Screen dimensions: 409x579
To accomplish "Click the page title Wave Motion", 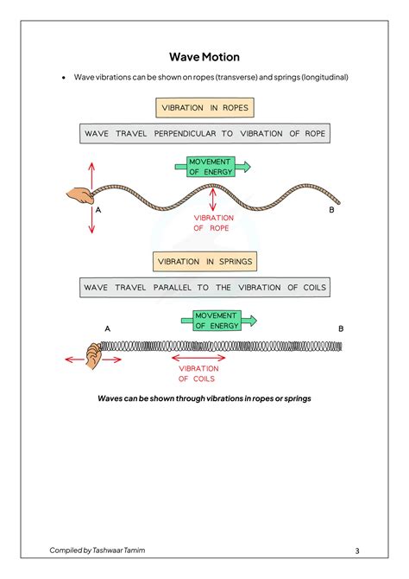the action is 204,57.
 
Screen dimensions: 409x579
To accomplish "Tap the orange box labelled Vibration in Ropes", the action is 204,108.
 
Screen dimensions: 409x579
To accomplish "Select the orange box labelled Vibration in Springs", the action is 204,262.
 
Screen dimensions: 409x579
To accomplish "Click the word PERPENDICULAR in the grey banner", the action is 185,134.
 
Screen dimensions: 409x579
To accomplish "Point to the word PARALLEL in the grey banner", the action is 173,287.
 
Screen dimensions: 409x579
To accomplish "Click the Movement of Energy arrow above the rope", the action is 212,167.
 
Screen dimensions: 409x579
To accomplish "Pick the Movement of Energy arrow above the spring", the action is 218,321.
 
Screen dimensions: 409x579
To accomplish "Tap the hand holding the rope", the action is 79,195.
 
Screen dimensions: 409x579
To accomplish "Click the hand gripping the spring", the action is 93,355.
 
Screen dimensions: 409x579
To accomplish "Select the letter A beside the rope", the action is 98,210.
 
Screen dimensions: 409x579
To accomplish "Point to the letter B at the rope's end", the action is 331,210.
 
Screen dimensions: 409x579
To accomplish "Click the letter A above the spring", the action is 107,328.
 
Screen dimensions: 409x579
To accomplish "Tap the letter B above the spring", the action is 341,328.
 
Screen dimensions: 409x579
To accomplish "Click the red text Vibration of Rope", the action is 213,223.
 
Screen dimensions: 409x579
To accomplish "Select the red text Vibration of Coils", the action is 198,373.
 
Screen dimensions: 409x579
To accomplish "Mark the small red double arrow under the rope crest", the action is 213,200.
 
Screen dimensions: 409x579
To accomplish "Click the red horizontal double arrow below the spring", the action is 198,358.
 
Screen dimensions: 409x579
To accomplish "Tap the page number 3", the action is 357,551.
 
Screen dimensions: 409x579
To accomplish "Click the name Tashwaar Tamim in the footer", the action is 119,550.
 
